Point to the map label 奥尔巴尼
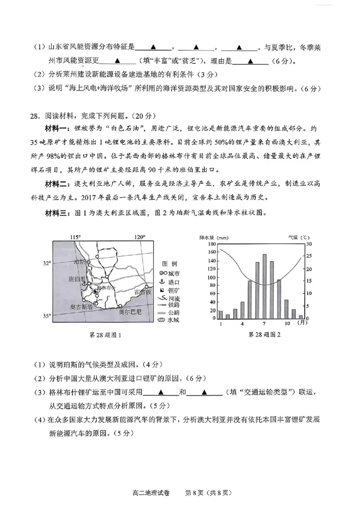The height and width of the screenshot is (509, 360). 129,311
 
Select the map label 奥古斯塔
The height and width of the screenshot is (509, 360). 80,307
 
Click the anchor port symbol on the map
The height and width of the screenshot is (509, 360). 83,282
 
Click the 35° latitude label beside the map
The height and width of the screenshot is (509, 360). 47,316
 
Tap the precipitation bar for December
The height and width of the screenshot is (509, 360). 301,317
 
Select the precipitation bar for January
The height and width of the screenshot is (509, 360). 220,314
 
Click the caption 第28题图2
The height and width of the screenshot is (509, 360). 264,335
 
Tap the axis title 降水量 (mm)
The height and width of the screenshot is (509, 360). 214,237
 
